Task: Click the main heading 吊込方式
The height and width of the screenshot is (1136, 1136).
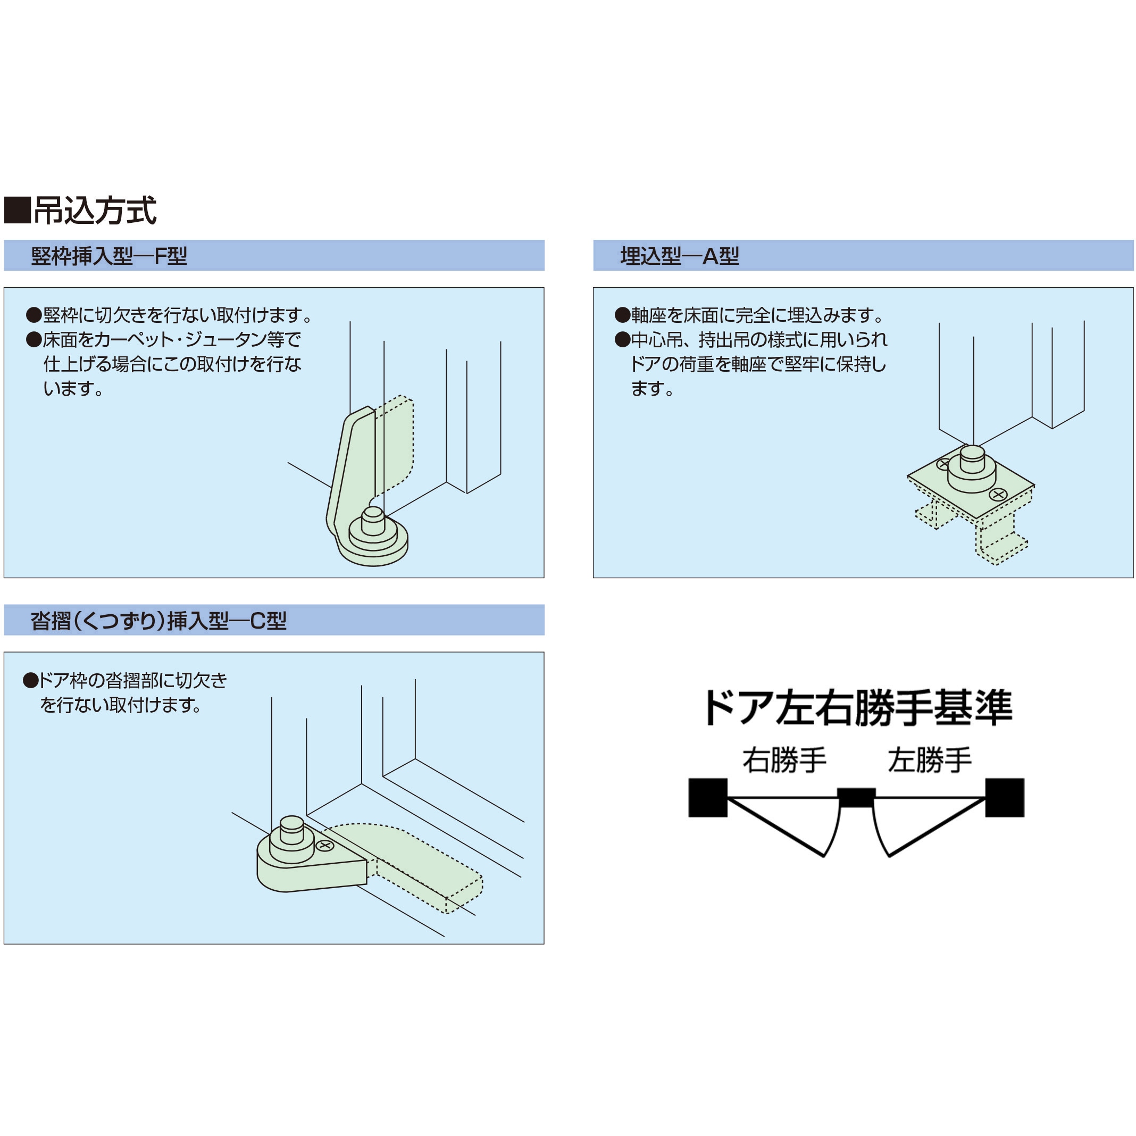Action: click(x=95, y=211)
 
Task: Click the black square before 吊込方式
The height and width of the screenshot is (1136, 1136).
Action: click(x=17, y=211)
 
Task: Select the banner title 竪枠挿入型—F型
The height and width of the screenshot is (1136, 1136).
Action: click(x=109, y=256)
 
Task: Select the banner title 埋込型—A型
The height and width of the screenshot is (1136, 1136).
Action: click(x=679, y=256)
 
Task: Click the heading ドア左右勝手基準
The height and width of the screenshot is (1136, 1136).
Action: click(x=857, y=707)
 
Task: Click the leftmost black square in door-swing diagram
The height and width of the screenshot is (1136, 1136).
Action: click(x=708, y=798)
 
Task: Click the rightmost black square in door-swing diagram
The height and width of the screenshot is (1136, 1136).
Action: click(x=1005, y=798)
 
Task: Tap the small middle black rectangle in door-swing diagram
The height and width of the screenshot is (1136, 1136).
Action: click(x=856, y=797)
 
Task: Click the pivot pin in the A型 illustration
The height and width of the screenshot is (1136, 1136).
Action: click(x=972, y=458)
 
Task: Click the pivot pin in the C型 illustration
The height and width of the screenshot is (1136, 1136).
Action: click(x=291, y=829)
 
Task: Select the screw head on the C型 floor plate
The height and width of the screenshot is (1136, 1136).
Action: click(x=325, y=846)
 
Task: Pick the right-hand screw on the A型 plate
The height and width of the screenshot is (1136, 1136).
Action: click(x=998, y=495)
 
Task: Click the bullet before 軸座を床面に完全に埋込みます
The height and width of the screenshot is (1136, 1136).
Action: click(x=623, y=315)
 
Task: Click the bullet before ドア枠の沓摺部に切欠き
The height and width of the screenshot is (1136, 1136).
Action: click(x=30, y=681)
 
